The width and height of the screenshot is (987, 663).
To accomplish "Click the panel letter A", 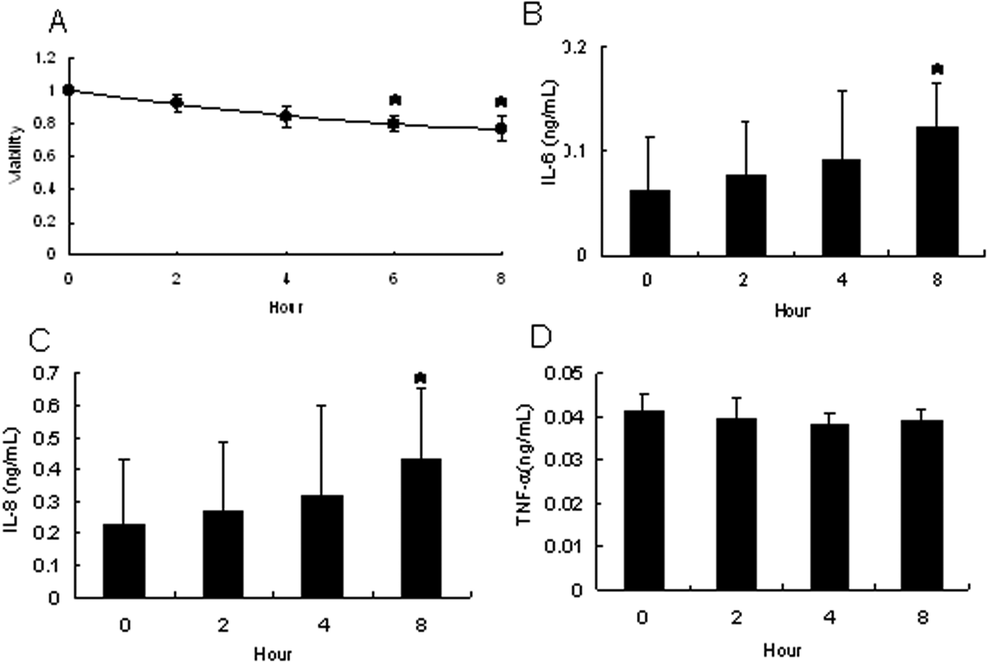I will click(x=58, y=23).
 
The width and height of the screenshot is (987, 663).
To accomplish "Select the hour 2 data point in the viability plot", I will click(x=176, y=102).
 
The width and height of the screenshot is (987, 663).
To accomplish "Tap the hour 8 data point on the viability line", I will click(x=501, y=128).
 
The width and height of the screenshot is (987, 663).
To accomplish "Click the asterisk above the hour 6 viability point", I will click(x=395, y=100).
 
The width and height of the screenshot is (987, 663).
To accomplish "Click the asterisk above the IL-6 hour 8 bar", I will click(x=937, y=70).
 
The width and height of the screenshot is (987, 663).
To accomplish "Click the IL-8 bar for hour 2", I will click(x=223, y=554).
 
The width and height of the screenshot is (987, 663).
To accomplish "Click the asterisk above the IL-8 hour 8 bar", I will click(x=420, y=379).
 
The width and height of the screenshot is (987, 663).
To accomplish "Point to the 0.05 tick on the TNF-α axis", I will click(x=563, y=373).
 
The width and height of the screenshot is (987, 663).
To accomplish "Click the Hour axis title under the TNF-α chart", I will click(x=782, y=651).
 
